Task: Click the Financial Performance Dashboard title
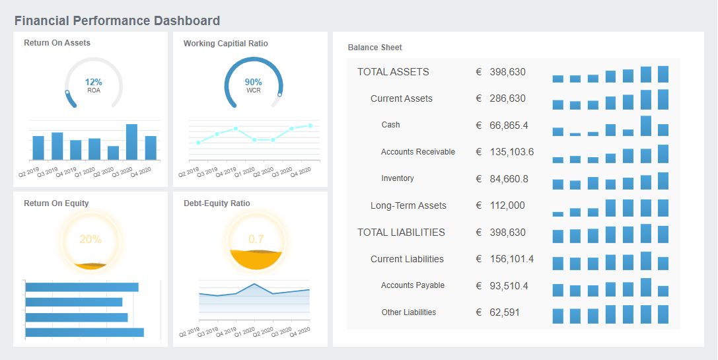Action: [x=117, y=21]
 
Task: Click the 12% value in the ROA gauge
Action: [x=93, y=82]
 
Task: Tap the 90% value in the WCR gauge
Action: [x=253, y=82]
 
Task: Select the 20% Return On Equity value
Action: [x=90, y=239]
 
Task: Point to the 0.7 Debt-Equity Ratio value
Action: [x=256, y=239]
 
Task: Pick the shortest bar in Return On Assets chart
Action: [x=113, y=153]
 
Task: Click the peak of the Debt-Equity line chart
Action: [x=254, y=284]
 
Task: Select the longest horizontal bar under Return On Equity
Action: [x=85, y=332]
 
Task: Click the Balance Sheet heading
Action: [x=375, y=48]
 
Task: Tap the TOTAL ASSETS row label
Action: [x=393, y=72]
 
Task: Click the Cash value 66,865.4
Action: [x=508, y=126]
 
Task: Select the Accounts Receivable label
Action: [x=417, y=152]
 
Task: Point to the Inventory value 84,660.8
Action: [x=508, y=179]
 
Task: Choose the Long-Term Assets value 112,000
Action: [x=507, y=205]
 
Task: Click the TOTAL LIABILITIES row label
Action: [x=401, y=233]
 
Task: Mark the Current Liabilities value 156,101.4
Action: [x=511, y=259]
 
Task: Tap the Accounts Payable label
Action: [x=412, y=285]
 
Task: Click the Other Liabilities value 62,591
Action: [x=504, y=312]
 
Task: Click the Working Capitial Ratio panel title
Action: [x=225, y=44]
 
